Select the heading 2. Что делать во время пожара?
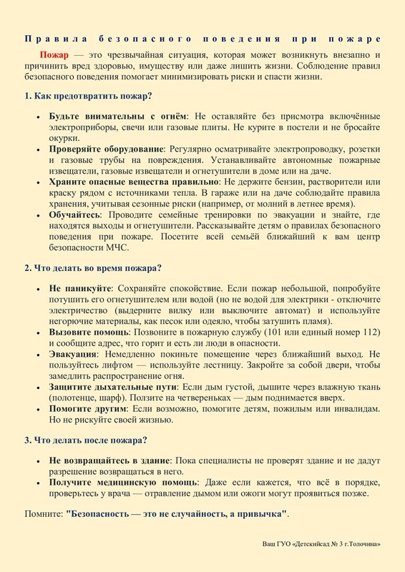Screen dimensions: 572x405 93,268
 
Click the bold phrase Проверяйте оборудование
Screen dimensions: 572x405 107,149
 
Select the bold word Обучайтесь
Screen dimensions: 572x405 74,214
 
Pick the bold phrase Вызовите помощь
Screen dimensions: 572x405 88,332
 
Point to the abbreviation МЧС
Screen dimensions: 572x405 117,247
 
